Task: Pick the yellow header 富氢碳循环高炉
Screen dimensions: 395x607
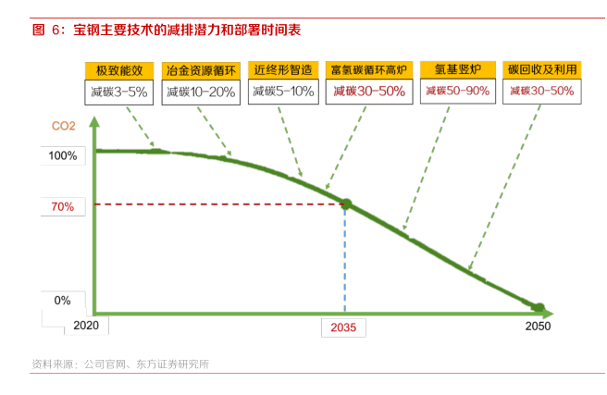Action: (x=367, y=70)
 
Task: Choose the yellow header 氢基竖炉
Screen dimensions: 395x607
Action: (x=456, y=70)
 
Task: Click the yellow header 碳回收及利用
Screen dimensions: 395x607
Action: (x=541, y=70)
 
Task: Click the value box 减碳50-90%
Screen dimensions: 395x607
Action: (x=456, y=92)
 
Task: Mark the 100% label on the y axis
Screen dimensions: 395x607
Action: (x=63, y=155)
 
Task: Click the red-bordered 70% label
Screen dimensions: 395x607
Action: (x=63, y=207)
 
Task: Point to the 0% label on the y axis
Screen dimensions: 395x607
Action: (x=63, y=300)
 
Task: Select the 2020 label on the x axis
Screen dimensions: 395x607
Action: (x=86, y=327)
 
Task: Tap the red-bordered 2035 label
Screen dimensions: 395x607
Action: (x=344, y=327)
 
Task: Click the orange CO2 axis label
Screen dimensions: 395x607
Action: (x=64, y=126)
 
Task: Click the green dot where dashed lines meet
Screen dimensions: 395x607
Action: (x=346, y=204)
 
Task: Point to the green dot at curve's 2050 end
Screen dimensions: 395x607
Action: (x=539, y=306)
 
